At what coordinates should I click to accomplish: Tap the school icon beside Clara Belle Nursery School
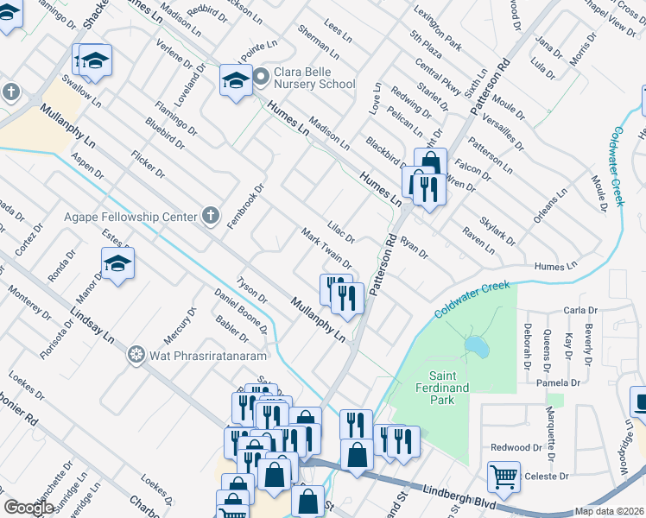click(x=235, y=80)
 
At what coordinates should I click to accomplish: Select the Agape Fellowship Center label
click(x=130, y=217)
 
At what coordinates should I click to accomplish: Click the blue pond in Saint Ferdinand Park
click(x=474, y=346)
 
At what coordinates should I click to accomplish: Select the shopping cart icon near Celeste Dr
click(x=503, y=475)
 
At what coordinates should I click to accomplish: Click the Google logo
click(x=29, y=508)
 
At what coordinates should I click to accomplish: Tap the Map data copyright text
click(x=610, y=511)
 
